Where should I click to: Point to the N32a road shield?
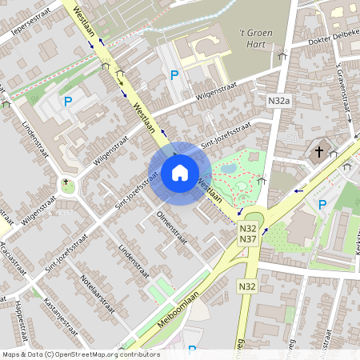click(278, 100)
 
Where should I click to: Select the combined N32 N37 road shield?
click(247, 234)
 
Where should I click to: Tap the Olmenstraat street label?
click(171, 227)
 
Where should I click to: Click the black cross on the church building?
click(318, 151)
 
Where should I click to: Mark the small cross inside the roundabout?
click(66, 182)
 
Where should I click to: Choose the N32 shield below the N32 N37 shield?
click(247, 286)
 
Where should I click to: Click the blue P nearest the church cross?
click(322, 205)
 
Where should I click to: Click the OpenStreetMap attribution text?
click(80, 354)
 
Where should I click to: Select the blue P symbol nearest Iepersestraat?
click(68, 102)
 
